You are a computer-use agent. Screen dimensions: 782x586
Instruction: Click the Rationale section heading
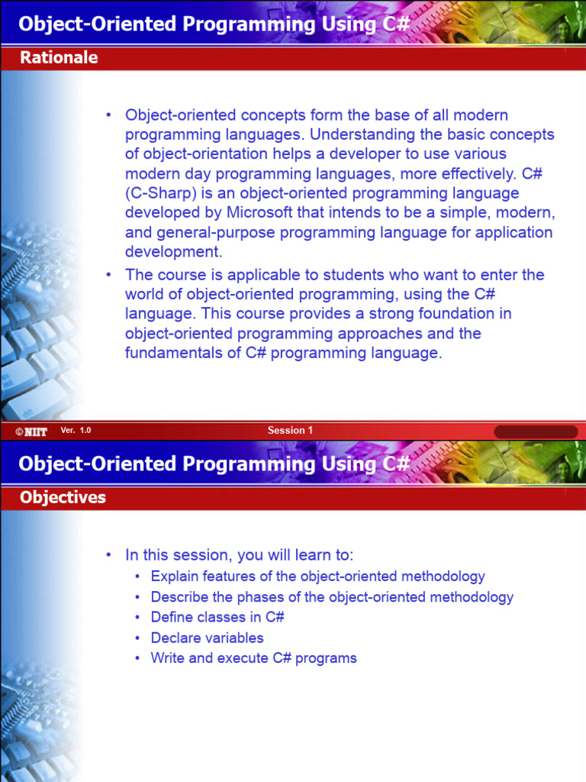pos(59,57)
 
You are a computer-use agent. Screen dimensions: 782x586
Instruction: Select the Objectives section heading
pos(63,497)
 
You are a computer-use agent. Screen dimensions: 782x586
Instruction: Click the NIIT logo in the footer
pos(31,431)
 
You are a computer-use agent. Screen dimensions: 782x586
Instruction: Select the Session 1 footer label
pos(290,431)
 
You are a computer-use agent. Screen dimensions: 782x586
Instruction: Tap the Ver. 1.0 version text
pos(76,431)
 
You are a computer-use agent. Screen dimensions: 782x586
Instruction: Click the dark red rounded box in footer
pos(536,431)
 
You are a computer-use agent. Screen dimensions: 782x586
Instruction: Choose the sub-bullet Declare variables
pos(207,638)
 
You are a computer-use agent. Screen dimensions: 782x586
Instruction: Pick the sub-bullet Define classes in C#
pos(217,617)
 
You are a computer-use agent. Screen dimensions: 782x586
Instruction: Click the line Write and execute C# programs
pos(253,658)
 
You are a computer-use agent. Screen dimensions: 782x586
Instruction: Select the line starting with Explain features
pos(317,577)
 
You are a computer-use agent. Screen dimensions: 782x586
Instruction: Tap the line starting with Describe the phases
pos(332,597)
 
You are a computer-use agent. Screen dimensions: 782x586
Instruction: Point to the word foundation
pos(438,314)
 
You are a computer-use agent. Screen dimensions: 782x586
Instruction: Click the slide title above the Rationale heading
pos(214,24)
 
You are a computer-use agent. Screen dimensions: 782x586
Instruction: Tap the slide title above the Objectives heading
pos(214,464)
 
